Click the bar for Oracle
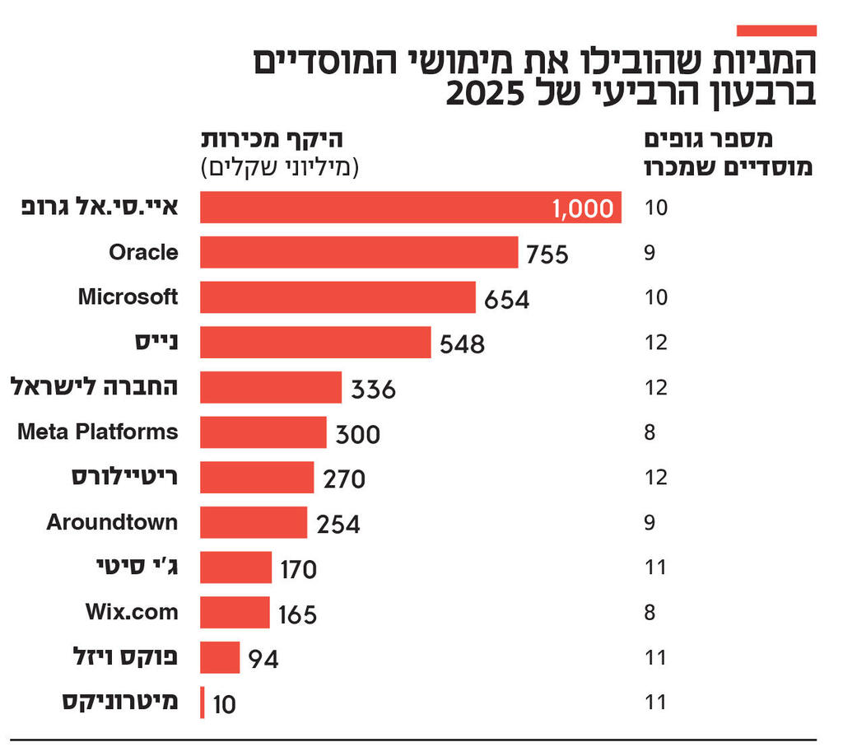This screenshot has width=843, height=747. coord(359,252)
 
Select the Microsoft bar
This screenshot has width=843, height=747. coord(338,297)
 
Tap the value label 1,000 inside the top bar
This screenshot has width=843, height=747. coord(583,208)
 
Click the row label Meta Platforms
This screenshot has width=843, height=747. coord(98,432)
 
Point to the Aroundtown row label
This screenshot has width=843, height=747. coord(112,522)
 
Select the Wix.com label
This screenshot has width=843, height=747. coord(132,612)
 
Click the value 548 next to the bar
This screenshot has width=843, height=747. coord(462,344)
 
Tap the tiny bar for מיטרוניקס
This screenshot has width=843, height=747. coord(203,703)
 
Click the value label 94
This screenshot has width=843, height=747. coord(263,660)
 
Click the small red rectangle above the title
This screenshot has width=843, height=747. coord(775,30)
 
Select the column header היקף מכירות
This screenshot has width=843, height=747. coord(271,140)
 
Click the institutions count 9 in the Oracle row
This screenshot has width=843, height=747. coord(650,253)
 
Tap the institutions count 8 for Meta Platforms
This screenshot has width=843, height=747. coord(650,432)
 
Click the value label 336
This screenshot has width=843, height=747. coord(373,389)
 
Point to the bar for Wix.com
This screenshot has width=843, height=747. coord(235,613)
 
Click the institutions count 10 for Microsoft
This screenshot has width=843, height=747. coord(655,297)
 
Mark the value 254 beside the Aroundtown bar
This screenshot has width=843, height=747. coord(338,524)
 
